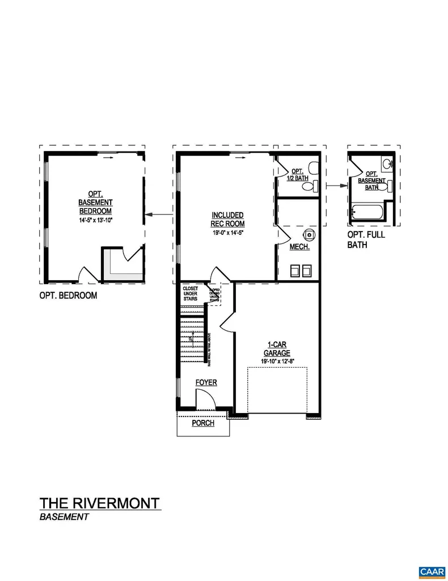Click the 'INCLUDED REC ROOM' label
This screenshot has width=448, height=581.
point(227,219)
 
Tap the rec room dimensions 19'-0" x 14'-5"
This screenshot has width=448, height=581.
point(227,232)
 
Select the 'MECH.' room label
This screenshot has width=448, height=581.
point(299,247)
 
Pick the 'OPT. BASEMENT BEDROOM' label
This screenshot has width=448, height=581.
point(95,203)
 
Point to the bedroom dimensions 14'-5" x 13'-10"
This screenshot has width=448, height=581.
point(95,220)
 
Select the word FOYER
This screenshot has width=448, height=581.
point(206,382)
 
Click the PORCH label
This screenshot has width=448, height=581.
point(203,423)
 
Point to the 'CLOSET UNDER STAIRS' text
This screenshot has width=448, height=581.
point(190,293)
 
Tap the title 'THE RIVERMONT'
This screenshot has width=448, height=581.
point(99,503)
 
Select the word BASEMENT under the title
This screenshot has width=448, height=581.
point(64,517)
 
